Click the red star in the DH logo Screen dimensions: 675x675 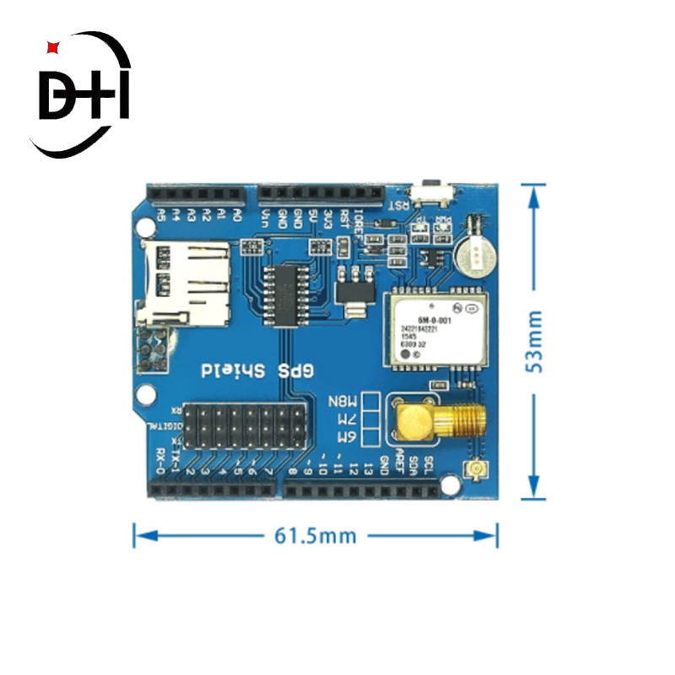tap(51, 47)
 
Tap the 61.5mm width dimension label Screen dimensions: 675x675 tap(315, 535)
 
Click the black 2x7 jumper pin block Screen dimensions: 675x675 tap(245, 426)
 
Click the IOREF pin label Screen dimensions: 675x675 tap(359, 224)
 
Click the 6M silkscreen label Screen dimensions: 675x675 tap(346, 437)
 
